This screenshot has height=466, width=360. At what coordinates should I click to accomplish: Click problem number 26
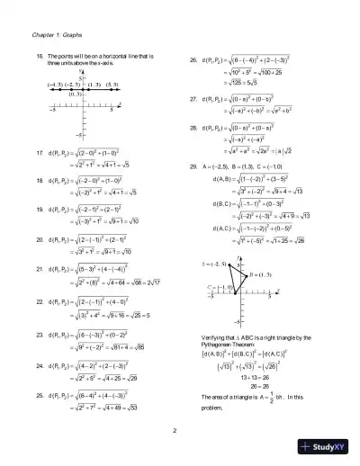tap(193, 61)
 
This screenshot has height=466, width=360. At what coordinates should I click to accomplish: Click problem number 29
tap(193, 167)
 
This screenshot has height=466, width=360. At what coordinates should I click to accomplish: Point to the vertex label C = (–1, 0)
tap(215, 287)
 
